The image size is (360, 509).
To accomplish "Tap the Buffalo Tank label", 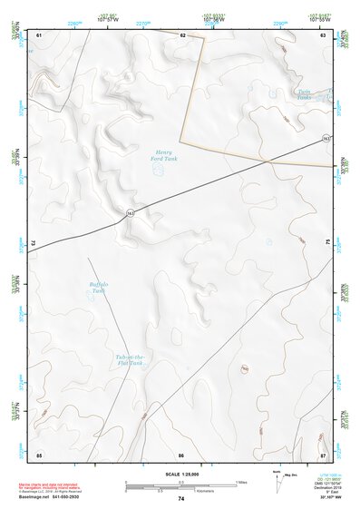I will click(x=98, y=288).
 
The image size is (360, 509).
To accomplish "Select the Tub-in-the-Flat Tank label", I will click(x=131, y=360).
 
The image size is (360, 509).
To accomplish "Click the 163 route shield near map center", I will click(x=131, y=212).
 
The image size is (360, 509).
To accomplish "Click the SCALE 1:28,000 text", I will click(x=180, y=475).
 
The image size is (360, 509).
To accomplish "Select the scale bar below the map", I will click(x=180, y=485).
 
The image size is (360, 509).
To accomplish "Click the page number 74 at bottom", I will click(x=180, y=500).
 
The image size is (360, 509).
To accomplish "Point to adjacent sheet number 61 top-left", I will click(x=40, y=34).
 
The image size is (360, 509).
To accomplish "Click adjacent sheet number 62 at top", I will click(x=182, y=34).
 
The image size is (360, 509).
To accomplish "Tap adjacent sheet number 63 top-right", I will click(x=324, y=34).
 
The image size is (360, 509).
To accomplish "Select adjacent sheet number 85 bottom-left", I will click(x=39, y=454).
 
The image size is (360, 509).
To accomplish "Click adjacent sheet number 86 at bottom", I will click(x=181, y=454).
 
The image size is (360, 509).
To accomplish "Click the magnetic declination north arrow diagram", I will click(x=277, y=482).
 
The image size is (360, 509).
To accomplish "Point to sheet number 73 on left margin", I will click(x=32, y=243).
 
